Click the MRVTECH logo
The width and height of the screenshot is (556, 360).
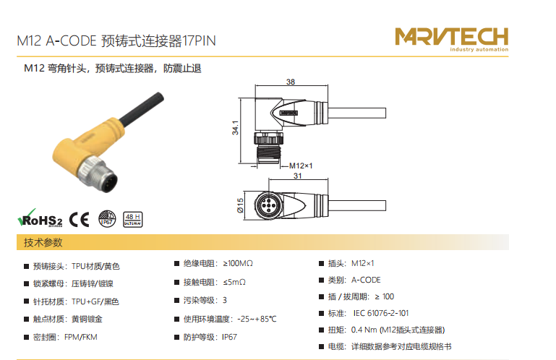(x=451, y=39)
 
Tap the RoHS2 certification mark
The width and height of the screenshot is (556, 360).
(x=40, y=218)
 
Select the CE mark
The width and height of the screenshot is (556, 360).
(x=79, y=220)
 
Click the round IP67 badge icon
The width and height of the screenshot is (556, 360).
(x=107, y=218)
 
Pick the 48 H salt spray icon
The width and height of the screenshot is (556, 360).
(x=132, y=219)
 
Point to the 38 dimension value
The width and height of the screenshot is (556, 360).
(x=291, y=82)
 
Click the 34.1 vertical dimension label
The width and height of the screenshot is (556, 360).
(x=235, y=128)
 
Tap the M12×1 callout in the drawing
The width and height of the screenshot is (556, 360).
(x=301, y=166)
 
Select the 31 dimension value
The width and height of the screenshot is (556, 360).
(x=297, y=176)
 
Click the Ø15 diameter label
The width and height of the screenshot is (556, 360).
(x=240, y=205)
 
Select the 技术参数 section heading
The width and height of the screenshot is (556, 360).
(x=43, y=243)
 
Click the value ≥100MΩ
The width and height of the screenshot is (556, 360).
(x=238, y=264)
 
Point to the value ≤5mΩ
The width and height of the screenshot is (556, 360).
(x=234, y=283)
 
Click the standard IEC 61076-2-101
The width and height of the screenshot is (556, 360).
(x=381, y=313)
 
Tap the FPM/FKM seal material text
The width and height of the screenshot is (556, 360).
(x=80, y=337)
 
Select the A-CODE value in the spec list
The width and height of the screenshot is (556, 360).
(x=366, y=280)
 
